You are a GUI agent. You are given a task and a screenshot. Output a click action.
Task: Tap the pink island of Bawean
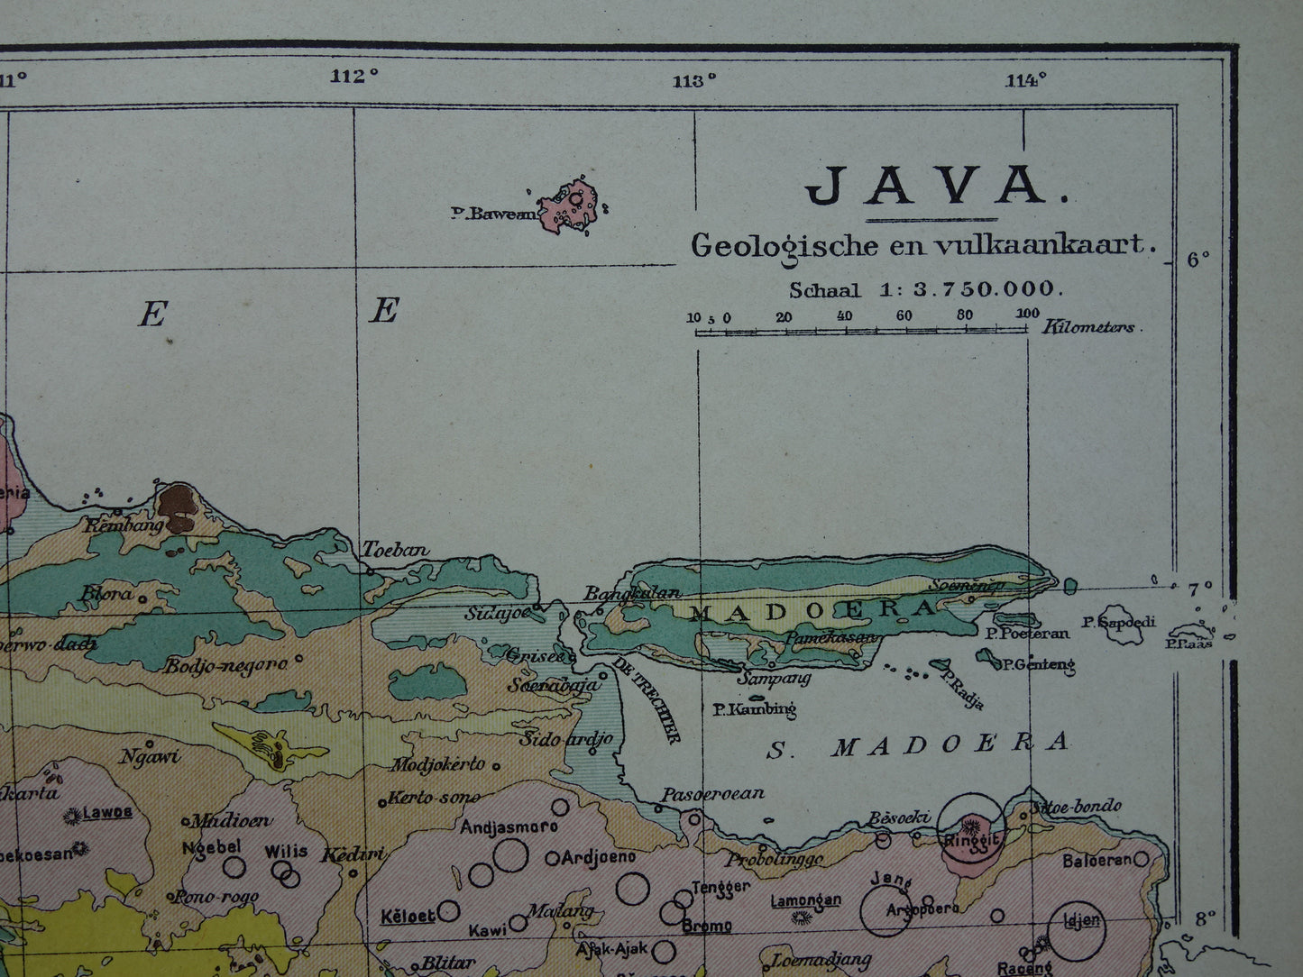coord(570,205)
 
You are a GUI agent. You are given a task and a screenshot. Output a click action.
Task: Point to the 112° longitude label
coord(354,77)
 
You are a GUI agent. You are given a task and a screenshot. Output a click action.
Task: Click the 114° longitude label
coord(1026,79)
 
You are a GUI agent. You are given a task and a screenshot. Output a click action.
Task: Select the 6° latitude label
coord(1198,260)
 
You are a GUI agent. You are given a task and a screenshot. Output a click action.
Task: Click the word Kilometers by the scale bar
coord(1089,327)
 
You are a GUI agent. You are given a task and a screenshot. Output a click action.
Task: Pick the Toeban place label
coord(395,550)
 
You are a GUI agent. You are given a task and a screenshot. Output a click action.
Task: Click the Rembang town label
coord(124,524)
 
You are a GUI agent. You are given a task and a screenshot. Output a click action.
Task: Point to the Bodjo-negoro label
coord(225,666)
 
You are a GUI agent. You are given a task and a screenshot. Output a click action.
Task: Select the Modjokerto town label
coord(437,764)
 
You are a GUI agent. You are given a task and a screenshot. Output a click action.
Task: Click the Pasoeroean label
coord(712,794)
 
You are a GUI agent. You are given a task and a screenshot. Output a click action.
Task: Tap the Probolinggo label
coord(775,859)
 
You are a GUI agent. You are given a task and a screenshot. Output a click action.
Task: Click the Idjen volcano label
coord(1082,920)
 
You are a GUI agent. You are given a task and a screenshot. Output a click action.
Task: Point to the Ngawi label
coord(150,756)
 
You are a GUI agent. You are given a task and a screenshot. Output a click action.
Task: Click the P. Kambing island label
coord(754,709)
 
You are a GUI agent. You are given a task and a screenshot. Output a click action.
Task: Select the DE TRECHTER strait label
coord(646,700)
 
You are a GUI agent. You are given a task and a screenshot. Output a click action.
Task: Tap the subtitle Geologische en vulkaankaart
coord(922,244)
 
